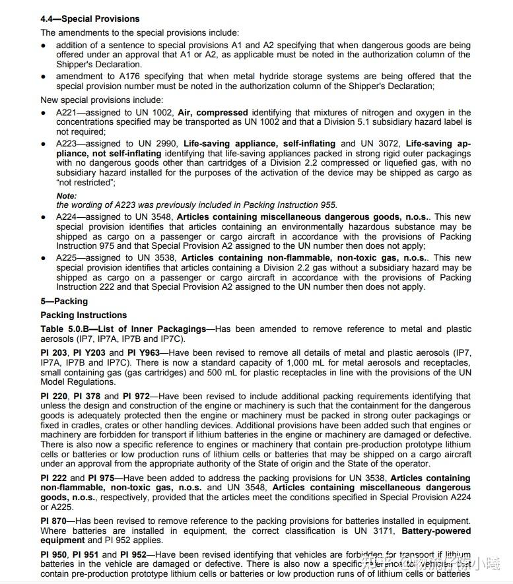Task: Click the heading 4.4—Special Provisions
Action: pos(90,19)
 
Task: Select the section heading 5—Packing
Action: pos(64,302)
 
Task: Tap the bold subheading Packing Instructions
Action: pos(83,315)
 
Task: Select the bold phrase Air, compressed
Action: pos(213,113)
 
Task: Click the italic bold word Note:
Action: pos(66,196)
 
